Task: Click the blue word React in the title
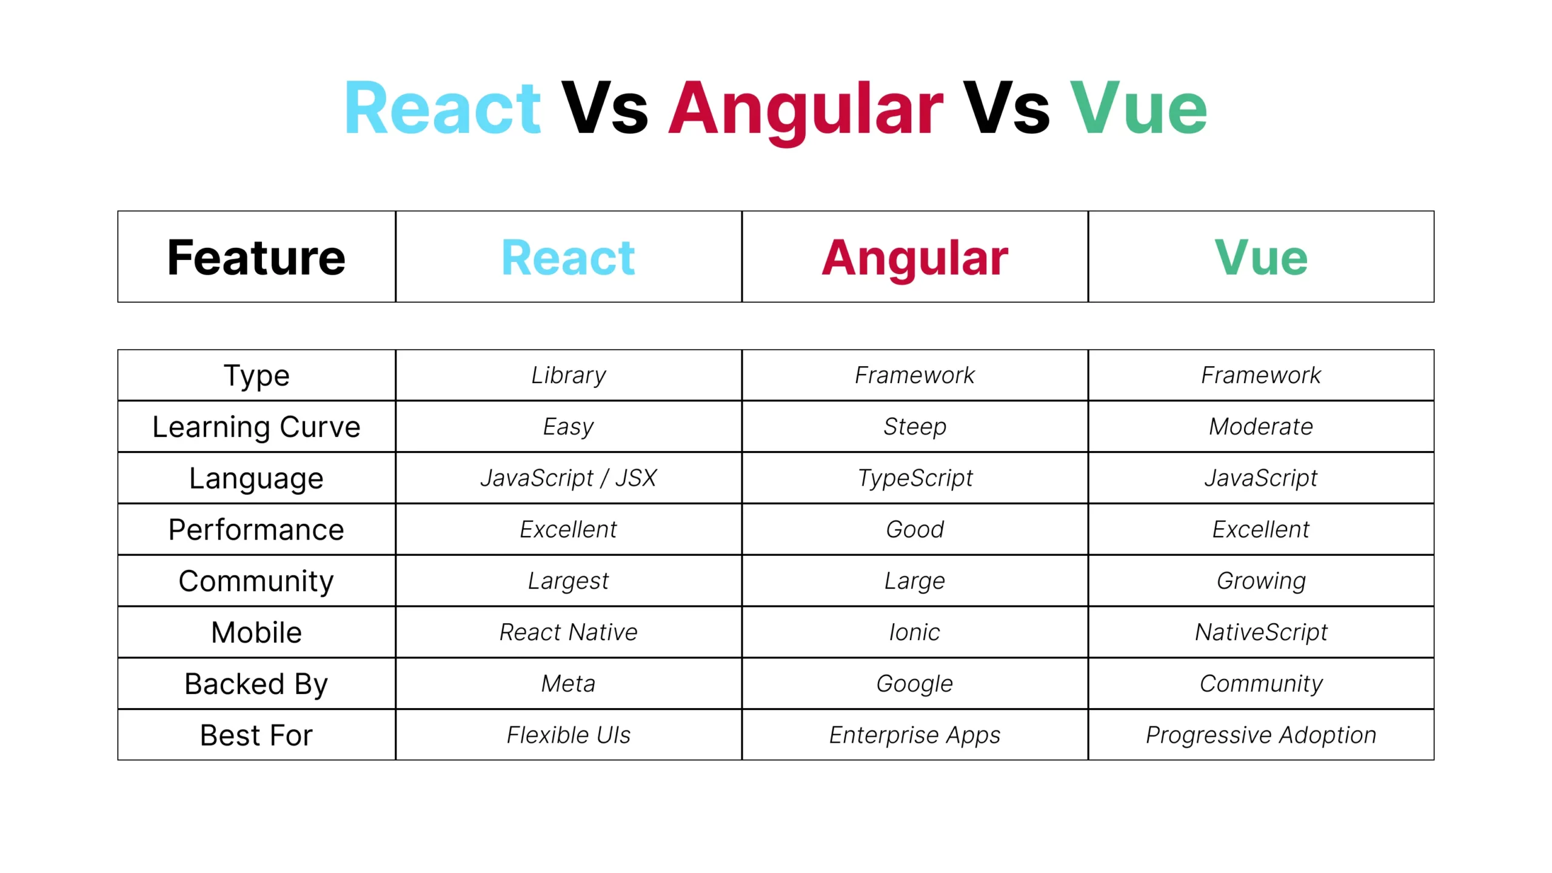[x=442, y=109]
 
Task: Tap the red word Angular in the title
[x=805, y=109]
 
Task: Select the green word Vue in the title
[x=1138, y=109]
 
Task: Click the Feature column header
[x=256, y=258]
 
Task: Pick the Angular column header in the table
[x=914, y=258]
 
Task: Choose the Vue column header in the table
[x=1260, y=258]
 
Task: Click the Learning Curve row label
[x=256, y=427]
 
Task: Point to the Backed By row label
[x=256, y=684]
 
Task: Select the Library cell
[x=568, y=375]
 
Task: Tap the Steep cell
[x=914, y=427]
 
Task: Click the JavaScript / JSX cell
[x=568, y=478]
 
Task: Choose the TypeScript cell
[x=914, y=478]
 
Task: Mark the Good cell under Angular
[x=914, y=529]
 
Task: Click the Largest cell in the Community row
[x=568, y=581]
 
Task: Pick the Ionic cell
[x=914, y=632]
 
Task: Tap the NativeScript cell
[x=1260, y=632]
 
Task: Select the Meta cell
[x=568, y=684]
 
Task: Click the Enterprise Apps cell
[x=914, y=735]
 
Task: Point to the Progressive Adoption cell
[x=1260, y=735]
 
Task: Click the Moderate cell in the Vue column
[x=1260, y=427]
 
